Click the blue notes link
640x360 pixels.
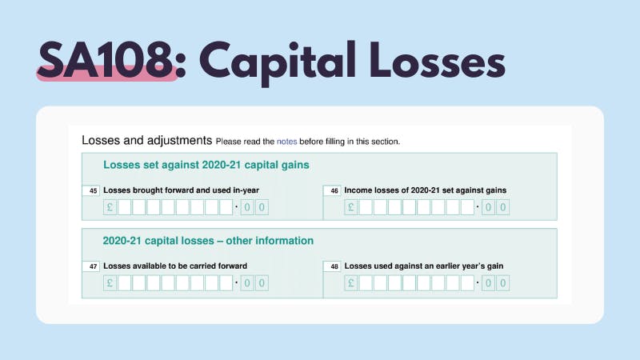[x=286, y=142]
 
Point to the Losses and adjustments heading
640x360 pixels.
[x=146, y=141]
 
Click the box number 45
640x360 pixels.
[x=93, y=190]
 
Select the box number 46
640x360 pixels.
[x=334, y=190]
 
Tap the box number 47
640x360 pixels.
[x=93, y=266]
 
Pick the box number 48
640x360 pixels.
[x=334, y=266]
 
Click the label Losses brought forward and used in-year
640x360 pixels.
[x=181, y=190]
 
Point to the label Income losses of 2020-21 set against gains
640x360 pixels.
[x=425, y=190]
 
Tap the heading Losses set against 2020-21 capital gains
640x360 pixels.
[x=206, y=166]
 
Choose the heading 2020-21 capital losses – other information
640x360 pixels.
[x=208, y=240]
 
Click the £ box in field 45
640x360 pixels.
[x=110, y=208]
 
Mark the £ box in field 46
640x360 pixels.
[x=351, y=208]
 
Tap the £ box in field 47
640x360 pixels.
[x=110, y=283]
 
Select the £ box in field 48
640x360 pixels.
[x=351, y=283]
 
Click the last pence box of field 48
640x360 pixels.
[x=502, y=283]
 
